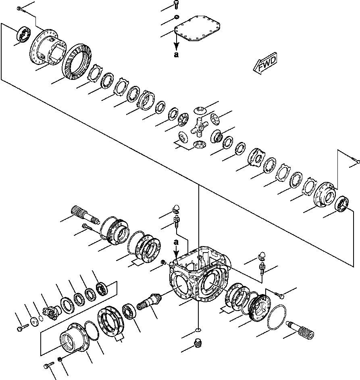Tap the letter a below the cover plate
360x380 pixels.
tap(176, 55)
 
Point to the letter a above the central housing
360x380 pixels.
tap(176, 242)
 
